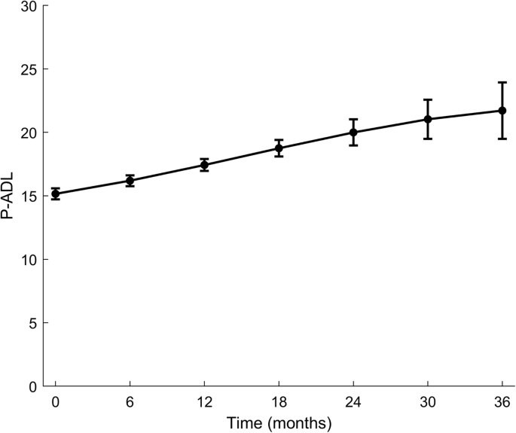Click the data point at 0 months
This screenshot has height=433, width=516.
(x=56, y=194)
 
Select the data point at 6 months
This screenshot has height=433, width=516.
(x=130, y=181)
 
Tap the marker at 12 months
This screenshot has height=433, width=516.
(x=204, y=165)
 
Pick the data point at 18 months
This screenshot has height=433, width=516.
(x=279, y=148)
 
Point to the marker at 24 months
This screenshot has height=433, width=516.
(x=353, y=133)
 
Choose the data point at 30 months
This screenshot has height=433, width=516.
(x=428, y=119)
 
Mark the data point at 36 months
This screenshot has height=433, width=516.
(x=502, y=111)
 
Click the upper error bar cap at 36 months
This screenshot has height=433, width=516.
(x=502, y=83)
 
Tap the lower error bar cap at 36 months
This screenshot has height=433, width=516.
(x=502, y=139)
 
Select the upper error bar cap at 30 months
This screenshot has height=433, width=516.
(x=428, y=99)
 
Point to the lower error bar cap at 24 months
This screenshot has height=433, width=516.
(x=353, y=145)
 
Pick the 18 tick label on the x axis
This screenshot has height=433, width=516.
(x=279, y=401)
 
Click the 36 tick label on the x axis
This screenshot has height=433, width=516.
(x=502, y=401)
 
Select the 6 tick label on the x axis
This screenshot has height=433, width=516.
(x=130, y=401)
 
